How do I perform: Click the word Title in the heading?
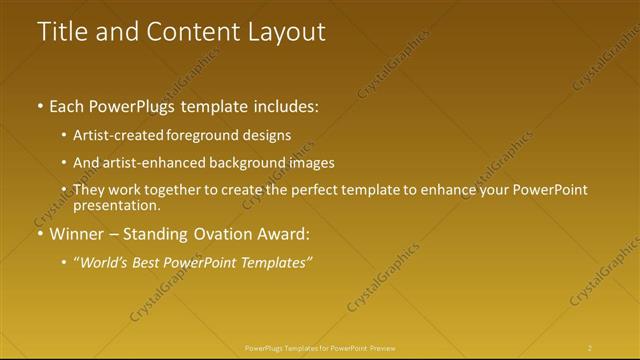coord(62,31)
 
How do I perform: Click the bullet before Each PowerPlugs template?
coord(39,105)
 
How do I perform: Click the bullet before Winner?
coord(39,234)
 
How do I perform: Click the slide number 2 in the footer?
coord(590,348)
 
